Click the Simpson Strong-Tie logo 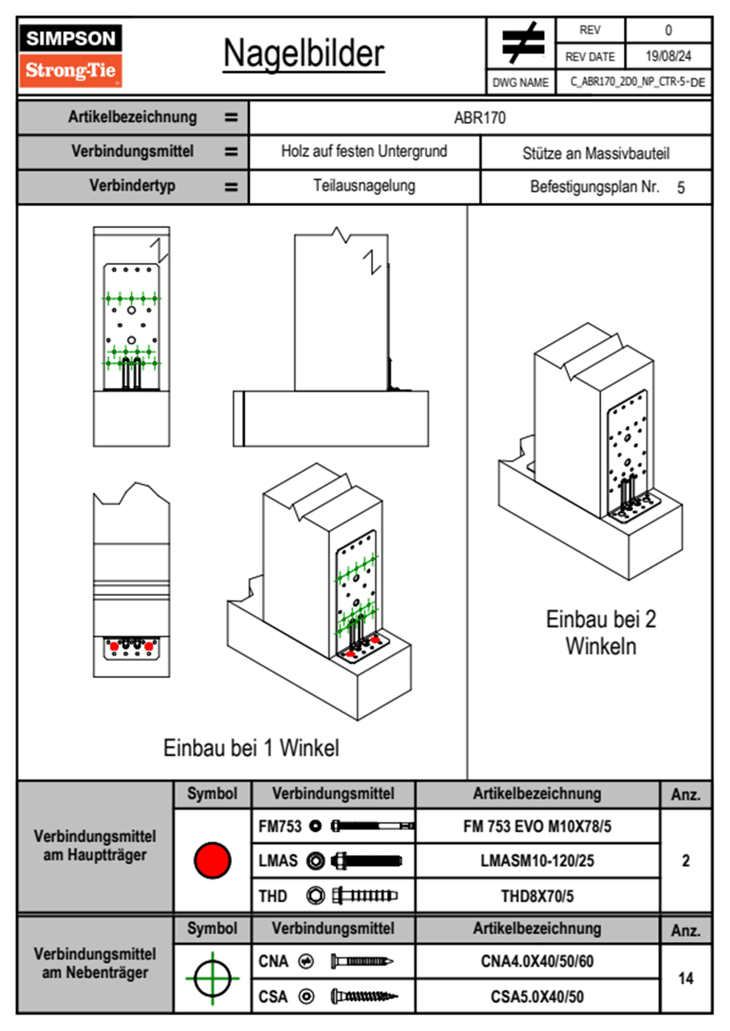[70, 56]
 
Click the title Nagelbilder [304, 54]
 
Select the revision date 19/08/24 [667, 56]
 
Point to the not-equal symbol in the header [522, 43]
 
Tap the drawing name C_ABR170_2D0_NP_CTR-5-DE [637, 82]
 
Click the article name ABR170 [480, 118]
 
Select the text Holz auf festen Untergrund [364, 151]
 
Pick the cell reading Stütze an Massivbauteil [595, 153]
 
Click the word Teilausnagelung [364, 186]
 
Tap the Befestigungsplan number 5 [680, 188]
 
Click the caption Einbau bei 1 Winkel [251, 748]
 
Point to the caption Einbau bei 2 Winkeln [601, 633]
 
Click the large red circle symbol [212, 860]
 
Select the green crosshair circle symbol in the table [212, 978]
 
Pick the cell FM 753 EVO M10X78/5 [537, 827]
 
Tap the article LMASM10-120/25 [537, 861]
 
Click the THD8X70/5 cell [537, 896]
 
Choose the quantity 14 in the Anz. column [685, 978]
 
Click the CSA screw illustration [364, 997]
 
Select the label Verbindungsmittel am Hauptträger [95, 846]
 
